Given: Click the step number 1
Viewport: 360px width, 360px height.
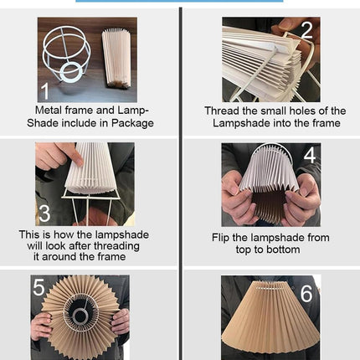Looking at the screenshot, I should coord(44,90).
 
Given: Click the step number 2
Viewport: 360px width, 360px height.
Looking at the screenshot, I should coord(306,30).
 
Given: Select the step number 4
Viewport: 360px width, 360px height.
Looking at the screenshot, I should coord(310,156).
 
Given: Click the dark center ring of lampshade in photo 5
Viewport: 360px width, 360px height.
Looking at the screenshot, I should coord(80,320).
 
